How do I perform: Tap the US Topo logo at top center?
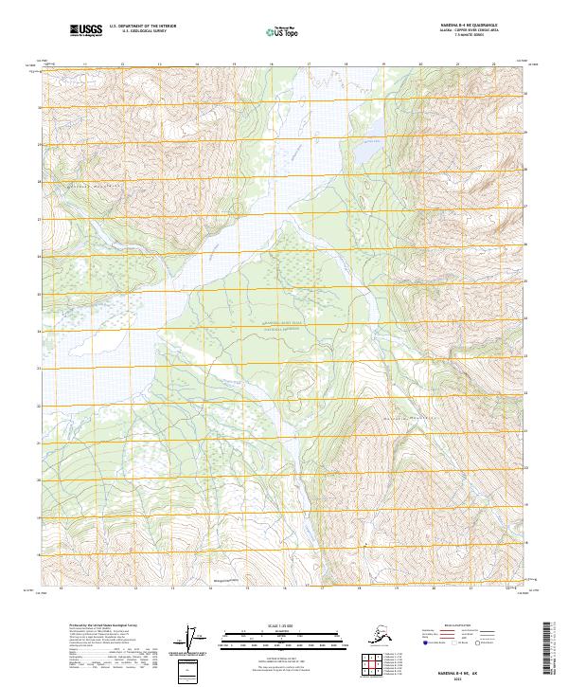pyautogui.click(x=284, y=33)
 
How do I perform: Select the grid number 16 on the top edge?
pyautogui.click(x=271, y=65)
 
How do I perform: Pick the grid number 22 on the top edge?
pyautogui.click(x=494, y=65)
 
